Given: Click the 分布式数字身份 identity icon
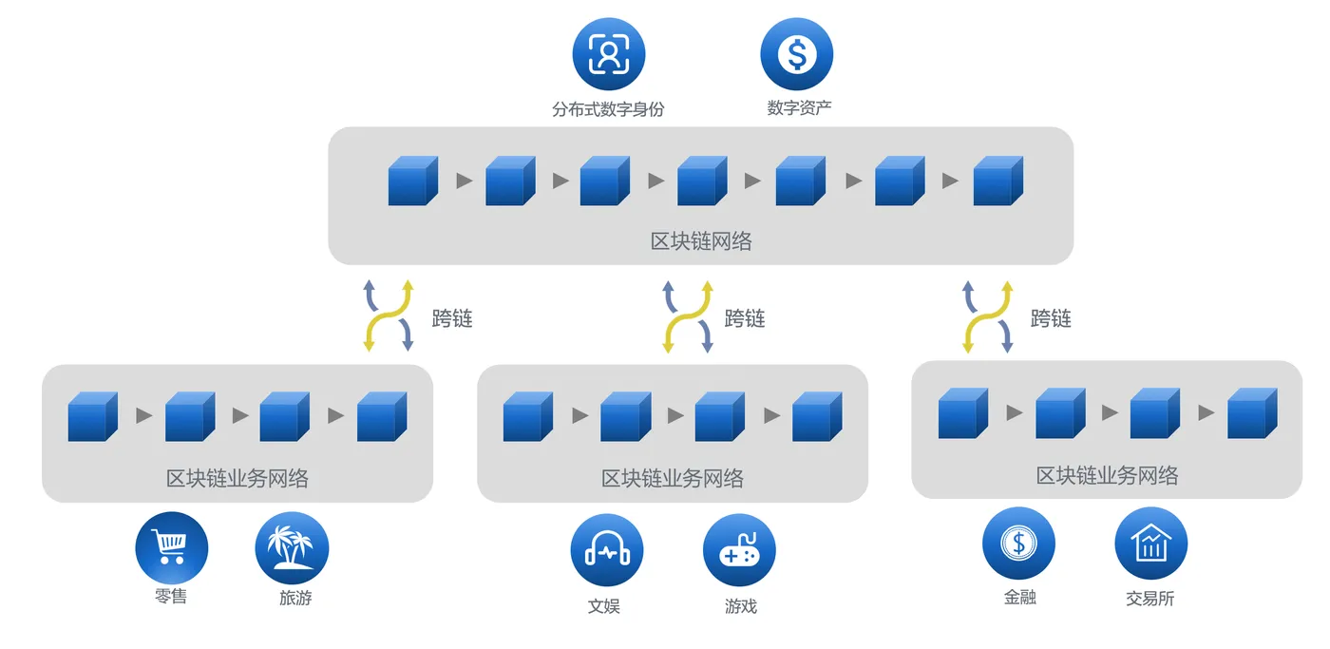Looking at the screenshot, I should click(x=608, y=54).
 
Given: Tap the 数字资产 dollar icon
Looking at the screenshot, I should click(x=796, y=54).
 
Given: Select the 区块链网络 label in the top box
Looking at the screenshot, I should click(x=701, y=241).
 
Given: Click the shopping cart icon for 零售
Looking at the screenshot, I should click(x=172, y=547).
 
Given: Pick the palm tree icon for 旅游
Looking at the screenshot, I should click(x=292, y=548).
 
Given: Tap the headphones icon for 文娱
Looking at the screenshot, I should click(x=607, y=551).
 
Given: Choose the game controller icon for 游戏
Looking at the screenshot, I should click(x=739, y=551).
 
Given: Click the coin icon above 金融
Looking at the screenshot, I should click(x=1018, y=544).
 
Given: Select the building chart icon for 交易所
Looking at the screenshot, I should click(x=1150, y=544).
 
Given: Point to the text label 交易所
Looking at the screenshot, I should click(x=1150, y=599).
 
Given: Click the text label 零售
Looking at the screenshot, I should click(x=170, y=598).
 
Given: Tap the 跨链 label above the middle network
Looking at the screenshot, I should click(x=745, y=318).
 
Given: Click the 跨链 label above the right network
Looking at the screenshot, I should click(x=1051, y=318).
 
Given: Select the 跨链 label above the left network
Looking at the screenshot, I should click(x=452, y=318).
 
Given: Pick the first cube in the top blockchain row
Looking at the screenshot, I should click(x=413, y=181).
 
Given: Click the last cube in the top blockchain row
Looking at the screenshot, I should click(x=998, y=181).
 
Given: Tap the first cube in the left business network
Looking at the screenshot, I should click(x=92, y=416).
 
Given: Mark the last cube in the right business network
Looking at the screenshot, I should click(x=1252, y=413).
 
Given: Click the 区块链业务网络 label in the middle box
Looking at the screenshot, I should click(x=673, y=478).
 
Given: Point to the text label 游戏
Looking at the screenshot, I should click(x=741, y=605).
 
